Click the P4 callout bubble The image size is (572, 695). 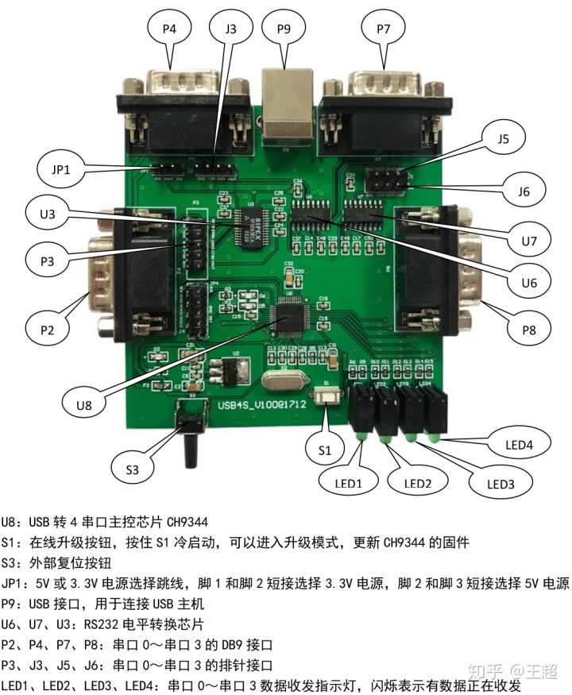coord(169,29)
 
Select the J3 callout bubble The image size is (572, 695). coord(231,29)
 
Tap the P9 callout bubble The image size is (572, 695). coord(284,29)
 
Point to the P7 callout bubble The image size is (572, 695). coord(385,29)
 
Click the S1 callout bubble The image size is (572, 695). coord(325,450)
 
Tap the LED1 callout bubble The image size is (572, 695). coord(346,482)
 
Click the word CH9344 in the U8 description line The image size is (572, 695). coord(186,523)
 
